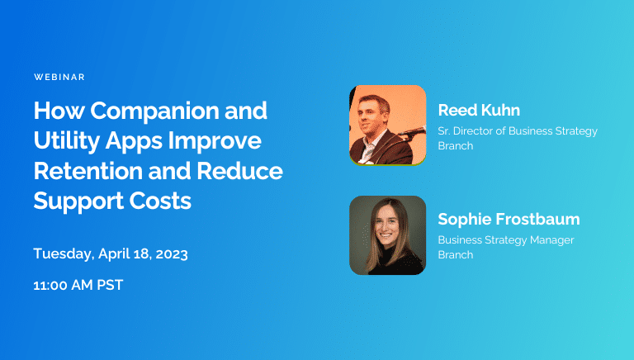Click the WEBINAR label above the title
(59, 77)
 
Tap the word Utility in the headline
(67, 141)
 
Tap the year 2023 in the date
(169, 253)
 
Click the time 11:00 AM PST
(78, 286)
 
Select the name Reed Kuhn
(479, 111)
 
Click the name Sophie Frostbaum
(509, 220)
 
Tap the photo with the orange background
(387, 124)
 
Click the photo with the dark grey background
(387, 234)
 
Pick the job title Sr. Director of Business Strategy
(518, 131)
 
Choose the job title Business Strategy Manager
(505, 240)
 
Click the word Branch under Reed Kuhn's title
(456, 146)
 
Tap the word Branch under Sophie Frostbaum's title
(456, 255)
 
